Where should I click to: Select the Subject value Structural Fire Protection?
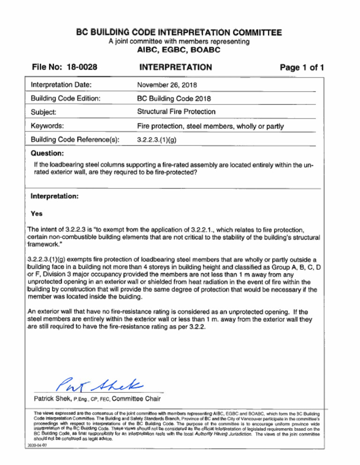pyautogui.click(x=176, y=112)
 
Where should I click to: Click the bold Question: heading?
pyautogui.click(x=47, y=154)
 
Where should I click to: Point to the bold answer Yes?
pyautogui.click(x=37, y=213)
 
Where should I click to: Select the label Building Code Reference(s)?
pyautogui.click(x=75, y=140)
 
